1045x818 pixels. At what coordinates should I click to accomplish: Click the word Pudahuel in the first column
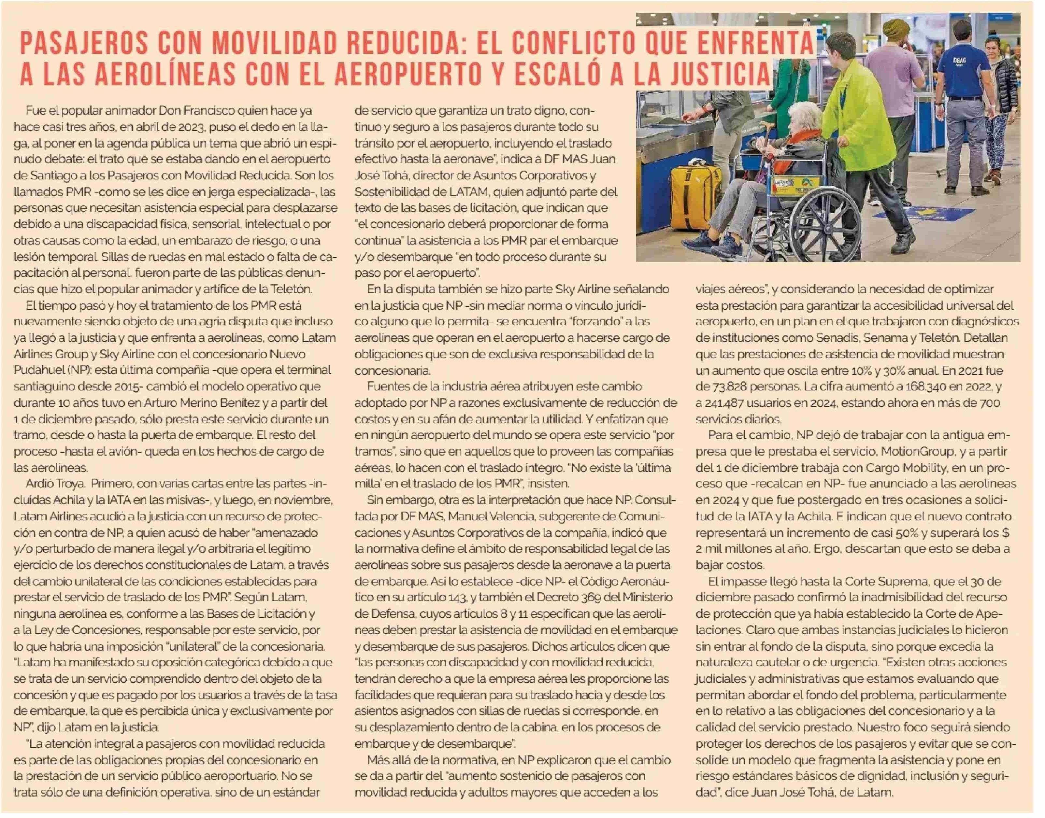37,370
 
